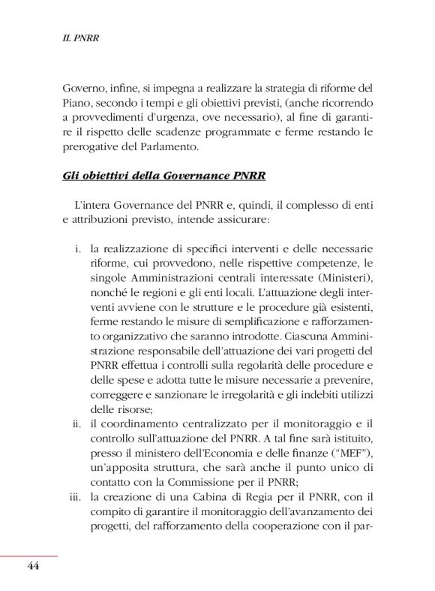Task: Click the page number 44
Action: [32, 565]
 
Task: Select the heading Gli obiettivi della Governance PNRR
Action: [163, 177]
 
